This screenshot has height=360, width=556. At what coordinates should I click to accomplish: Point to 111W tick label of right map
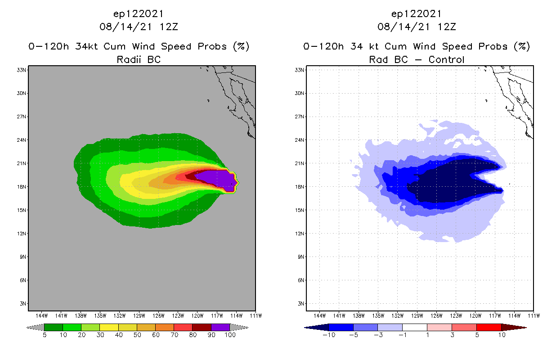[534, 315]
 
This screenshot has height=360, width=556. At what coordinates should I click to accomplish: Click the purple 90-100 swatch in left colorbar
[220, 327]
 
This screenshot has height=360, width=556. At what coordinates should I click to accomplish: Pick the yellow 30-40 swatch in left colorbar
[109, 327]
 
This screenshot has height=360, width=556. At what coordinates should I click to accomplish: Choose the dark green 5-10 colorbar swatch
[54, 327]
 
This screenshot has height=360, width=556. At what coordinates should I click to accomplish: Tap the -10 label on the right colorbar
[329, 335]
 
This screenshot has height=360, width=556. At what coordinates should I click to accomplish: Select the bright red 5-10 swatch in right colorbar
[489, 327]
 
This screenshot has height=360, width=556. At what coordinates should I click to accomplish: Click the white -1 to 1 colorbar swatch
[415, 327]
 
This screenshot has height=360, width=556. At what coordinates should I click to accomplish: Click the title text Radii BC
[139, 59]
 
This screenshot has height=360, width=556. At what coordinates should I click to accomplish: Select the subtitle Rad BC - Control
[417, 59]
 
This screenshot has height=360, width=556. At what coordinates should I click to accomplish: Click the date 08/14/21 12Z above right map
[417, 27]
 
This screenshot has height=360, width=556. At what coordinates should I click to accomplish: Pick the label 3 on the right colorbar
[452, 335]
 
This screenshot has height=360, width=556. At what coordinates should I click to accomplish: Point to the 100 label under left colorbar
[230, 335]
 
